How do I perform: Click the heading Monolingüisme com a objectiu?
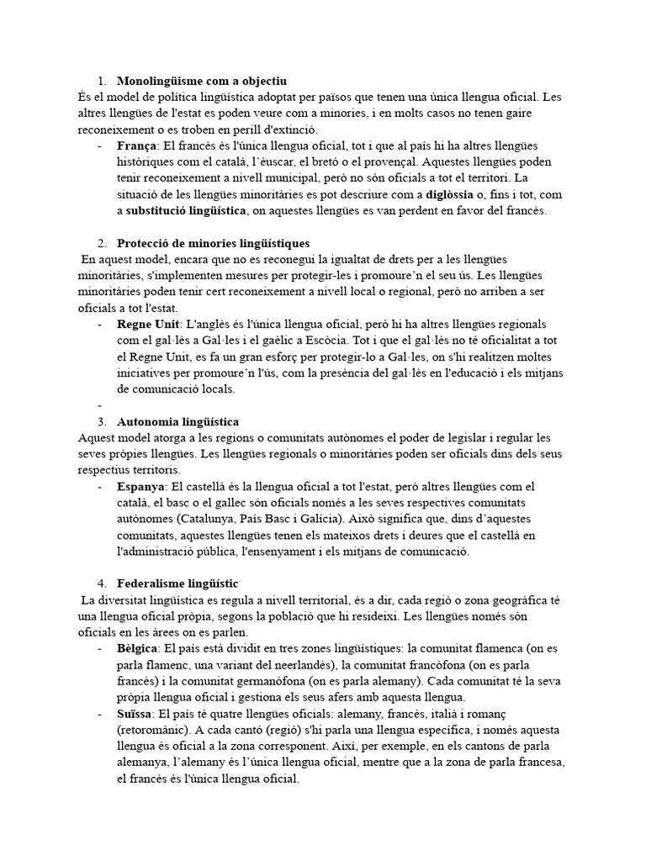pos(202,82)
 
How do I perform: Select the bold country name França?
pos(137,146)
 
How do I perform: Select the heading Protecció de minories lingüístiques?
pos(214,243)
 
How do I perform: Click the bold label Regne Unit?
pos(148,324)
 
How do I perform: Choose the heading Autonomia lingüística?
pos(178,420)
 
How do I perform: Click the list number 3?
pos(101,420)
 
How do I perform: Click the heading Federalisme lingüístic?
pos(177,583)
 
